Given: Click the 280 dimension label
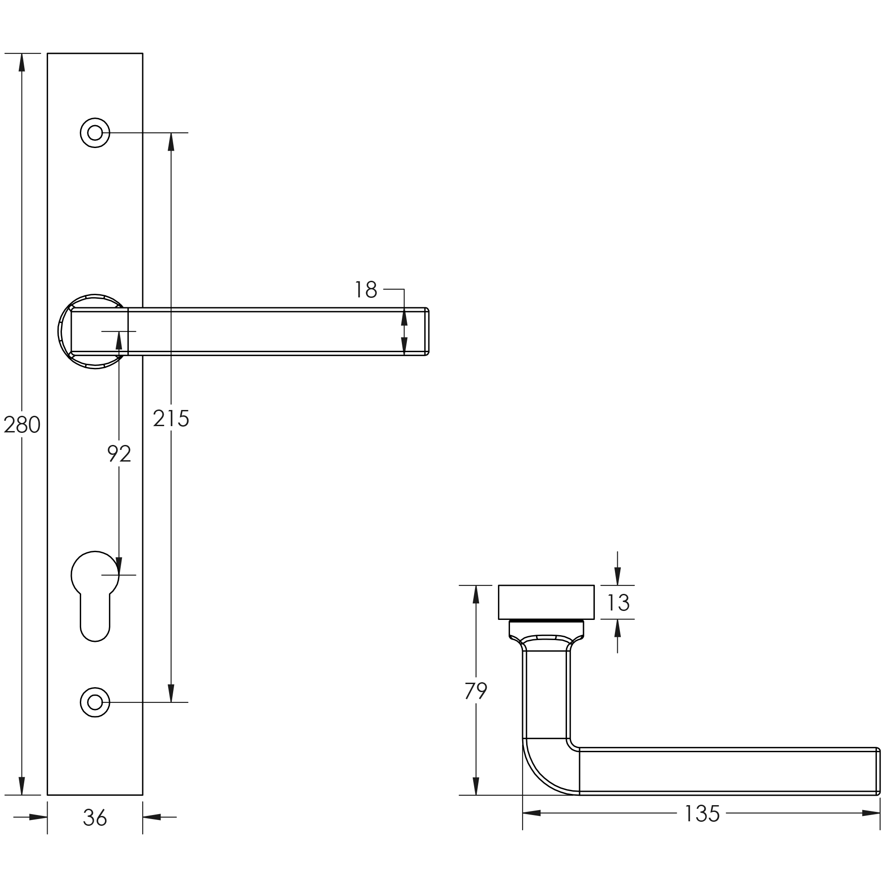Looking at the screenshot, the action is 22,425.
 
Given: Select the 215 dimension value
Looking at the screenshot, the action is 171,418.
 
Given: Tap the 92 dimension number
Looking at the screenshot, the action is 119,453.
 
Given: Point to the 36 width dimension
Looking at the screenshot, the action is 95,830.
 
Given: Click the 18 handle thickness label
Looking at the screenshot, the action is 366,289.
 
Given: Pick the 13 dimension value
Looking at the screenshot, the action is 619,602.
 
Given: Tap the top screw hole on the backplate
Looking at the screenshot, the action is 95,133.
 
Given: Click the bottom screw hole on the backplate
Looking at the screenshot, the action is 95,702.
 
